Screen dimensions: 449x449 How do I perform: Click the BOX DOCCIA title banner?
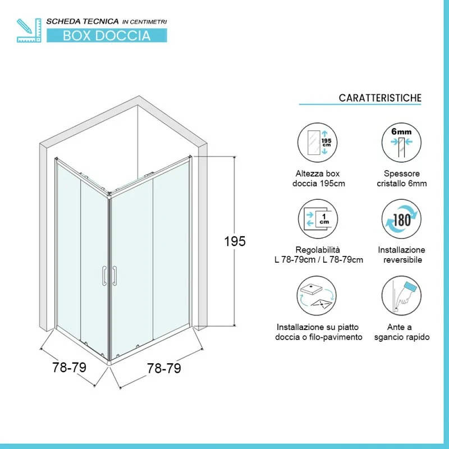[x=107, y=35]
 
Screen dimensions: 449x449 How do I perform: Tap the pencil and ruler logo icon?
[x=29, y=30]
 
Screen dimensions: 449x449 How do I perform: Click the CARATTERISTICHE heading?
[x=380, y=98]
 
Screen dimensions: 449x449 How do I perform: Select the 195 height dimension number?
[x=235, y=241]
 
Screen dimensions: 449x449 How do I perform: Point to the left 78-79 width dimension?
[x=69, y=367]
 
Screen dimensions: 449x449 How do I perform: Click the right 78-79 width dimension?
[x=164, y=368]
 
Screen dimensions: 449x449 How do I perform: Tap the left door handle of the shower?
[x=104, y=276]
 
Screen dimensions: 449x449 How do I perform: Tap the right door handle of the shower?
[x=114, y=276]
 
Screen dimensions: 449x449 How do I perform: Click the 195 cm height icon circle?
[x=317, y=143]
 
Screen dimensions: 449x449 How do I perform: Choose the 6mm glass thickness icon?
[x=401, y=143]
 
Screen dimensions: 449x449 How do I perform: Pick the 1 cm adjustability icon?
[x=318, y=219]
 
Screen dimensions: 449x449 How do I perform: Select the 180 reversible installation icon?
[x=401, y=219]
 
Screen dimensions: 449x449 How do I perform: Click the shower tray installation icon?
[x=317, y=296]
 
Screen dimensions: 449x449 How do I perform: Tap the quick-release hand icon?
[x=401, y=296]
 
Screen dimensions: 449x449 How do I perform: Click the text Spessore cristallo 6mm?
[x=402, y=178]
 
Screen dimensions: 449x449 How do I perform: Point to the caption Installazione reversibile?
[x=401, y=255]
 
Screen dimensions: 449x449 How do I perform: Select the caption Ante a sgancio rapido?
[x=402, y=332]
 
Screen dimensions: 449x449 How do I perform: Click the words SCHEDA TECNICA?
[x=83, y=21]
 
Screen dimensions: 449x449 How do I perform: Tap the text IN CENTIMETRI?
[x=145, y=22]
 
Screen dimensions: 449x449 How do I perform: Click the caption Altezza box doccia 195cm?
[x=318, y=178]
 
